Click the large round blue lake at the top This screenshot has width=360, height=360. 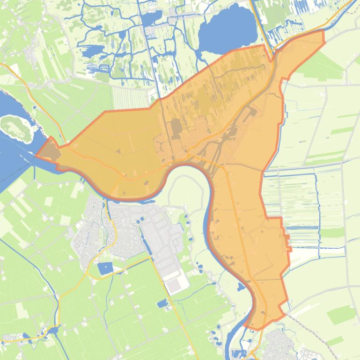tap(228, 29)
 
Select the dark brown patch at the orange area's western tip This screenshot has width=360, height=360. tap(48, 151)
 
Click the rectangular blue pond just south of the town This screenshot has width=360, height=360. tap(105, 268)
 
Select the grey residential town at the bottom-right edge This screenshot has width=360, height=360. tap(279, 346)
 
